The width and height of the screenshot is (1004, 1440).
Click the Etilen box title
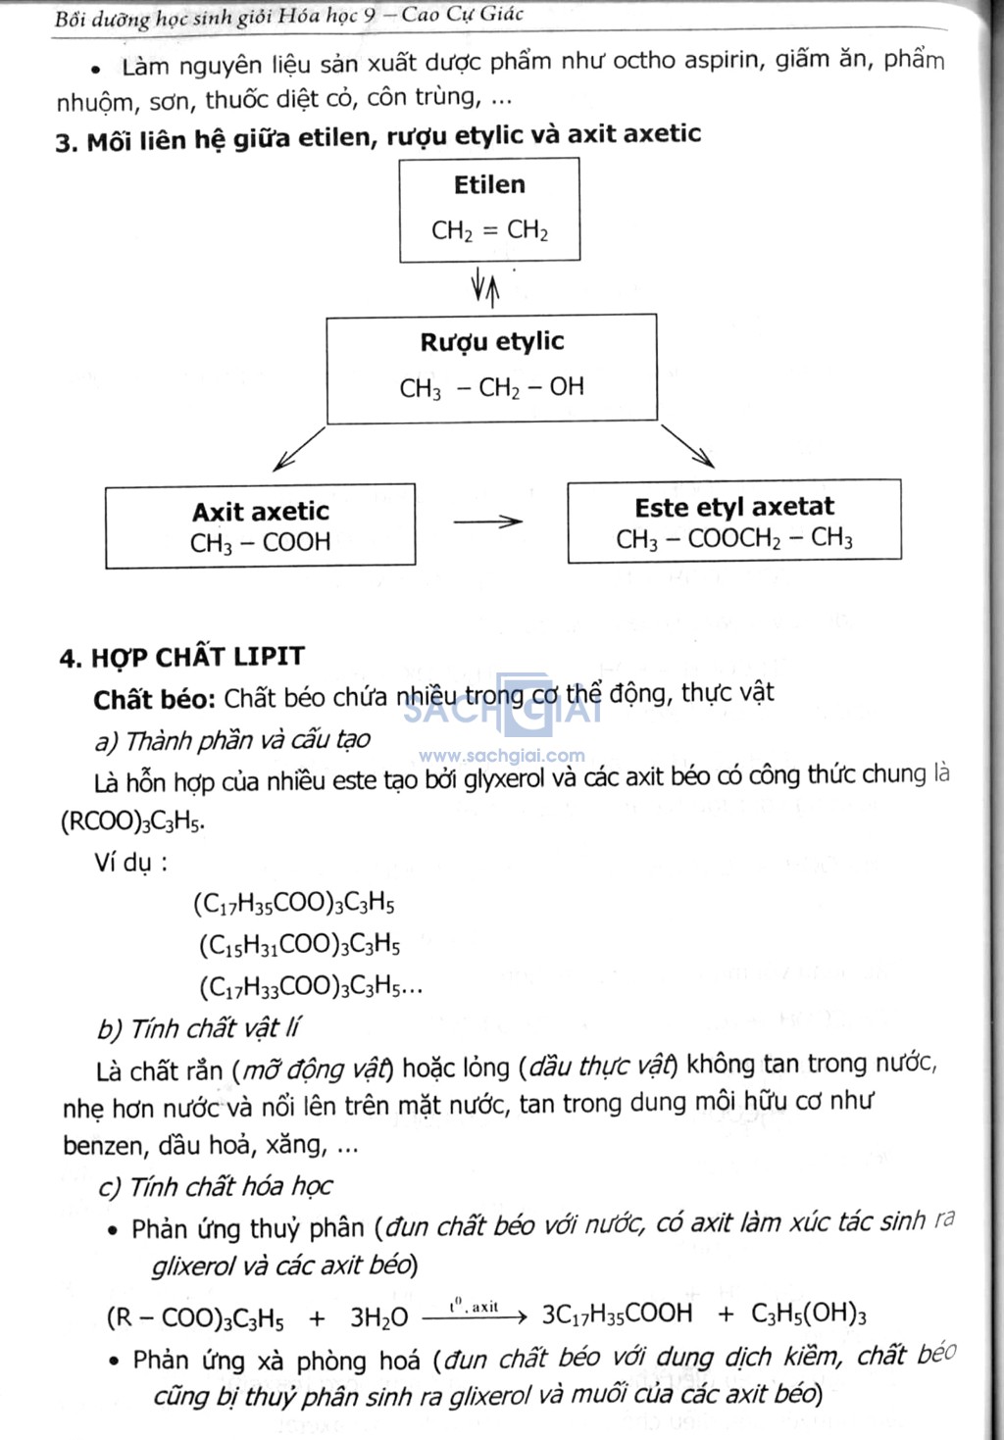click(x=489, y=185)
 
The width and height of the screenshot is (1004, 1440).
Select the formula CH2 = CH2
click(x=489, y=230)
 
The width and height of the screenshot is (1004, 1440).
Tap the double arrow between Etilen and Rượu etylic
click(x=486, y=288)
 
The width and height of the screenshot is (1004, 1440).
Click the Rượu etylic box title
click(x=492, y=341)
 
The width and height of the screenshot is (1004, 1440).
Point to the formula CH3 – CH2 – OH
click(x=492, y=387)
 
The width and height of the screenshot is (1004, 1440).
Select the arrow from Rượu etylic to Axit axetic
click(x=299, y=449)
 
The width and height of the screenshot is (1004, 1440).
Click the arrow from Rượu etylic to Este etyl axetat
click(x=687, y=446)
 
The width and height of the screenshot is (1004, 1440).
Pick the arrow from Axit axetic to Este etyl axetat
click(x=487, y=521)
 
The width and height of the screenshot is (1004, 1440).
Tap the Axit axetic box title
click(x=261, y=512)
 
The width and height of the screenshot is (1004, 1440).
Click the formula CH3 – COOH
click(x=260, y=542)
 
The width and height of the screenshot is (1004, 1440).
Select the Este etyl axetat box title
click(x=734, y=507)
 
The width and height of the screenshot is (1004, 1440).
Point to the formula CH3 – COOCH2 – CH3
click(x=734, y=539)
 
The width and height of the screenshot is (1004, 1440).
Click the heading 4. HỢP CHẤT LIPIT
click(x=181, y=657)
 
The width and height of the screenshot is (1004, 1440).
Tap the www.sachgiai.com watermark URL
click(x=502, y=756)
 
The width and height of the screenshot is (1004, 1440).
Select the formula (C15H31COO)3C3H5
click(x=300, y=945)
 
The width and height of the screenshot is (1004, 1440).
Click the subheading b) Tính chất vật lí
click(x=198, y=1028)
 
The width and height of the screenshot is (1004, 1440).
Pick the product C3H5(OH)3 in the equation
click(x=809, y=1314)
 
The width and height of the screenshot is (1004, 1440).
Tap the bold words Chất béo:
click(x=154, y=699)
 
